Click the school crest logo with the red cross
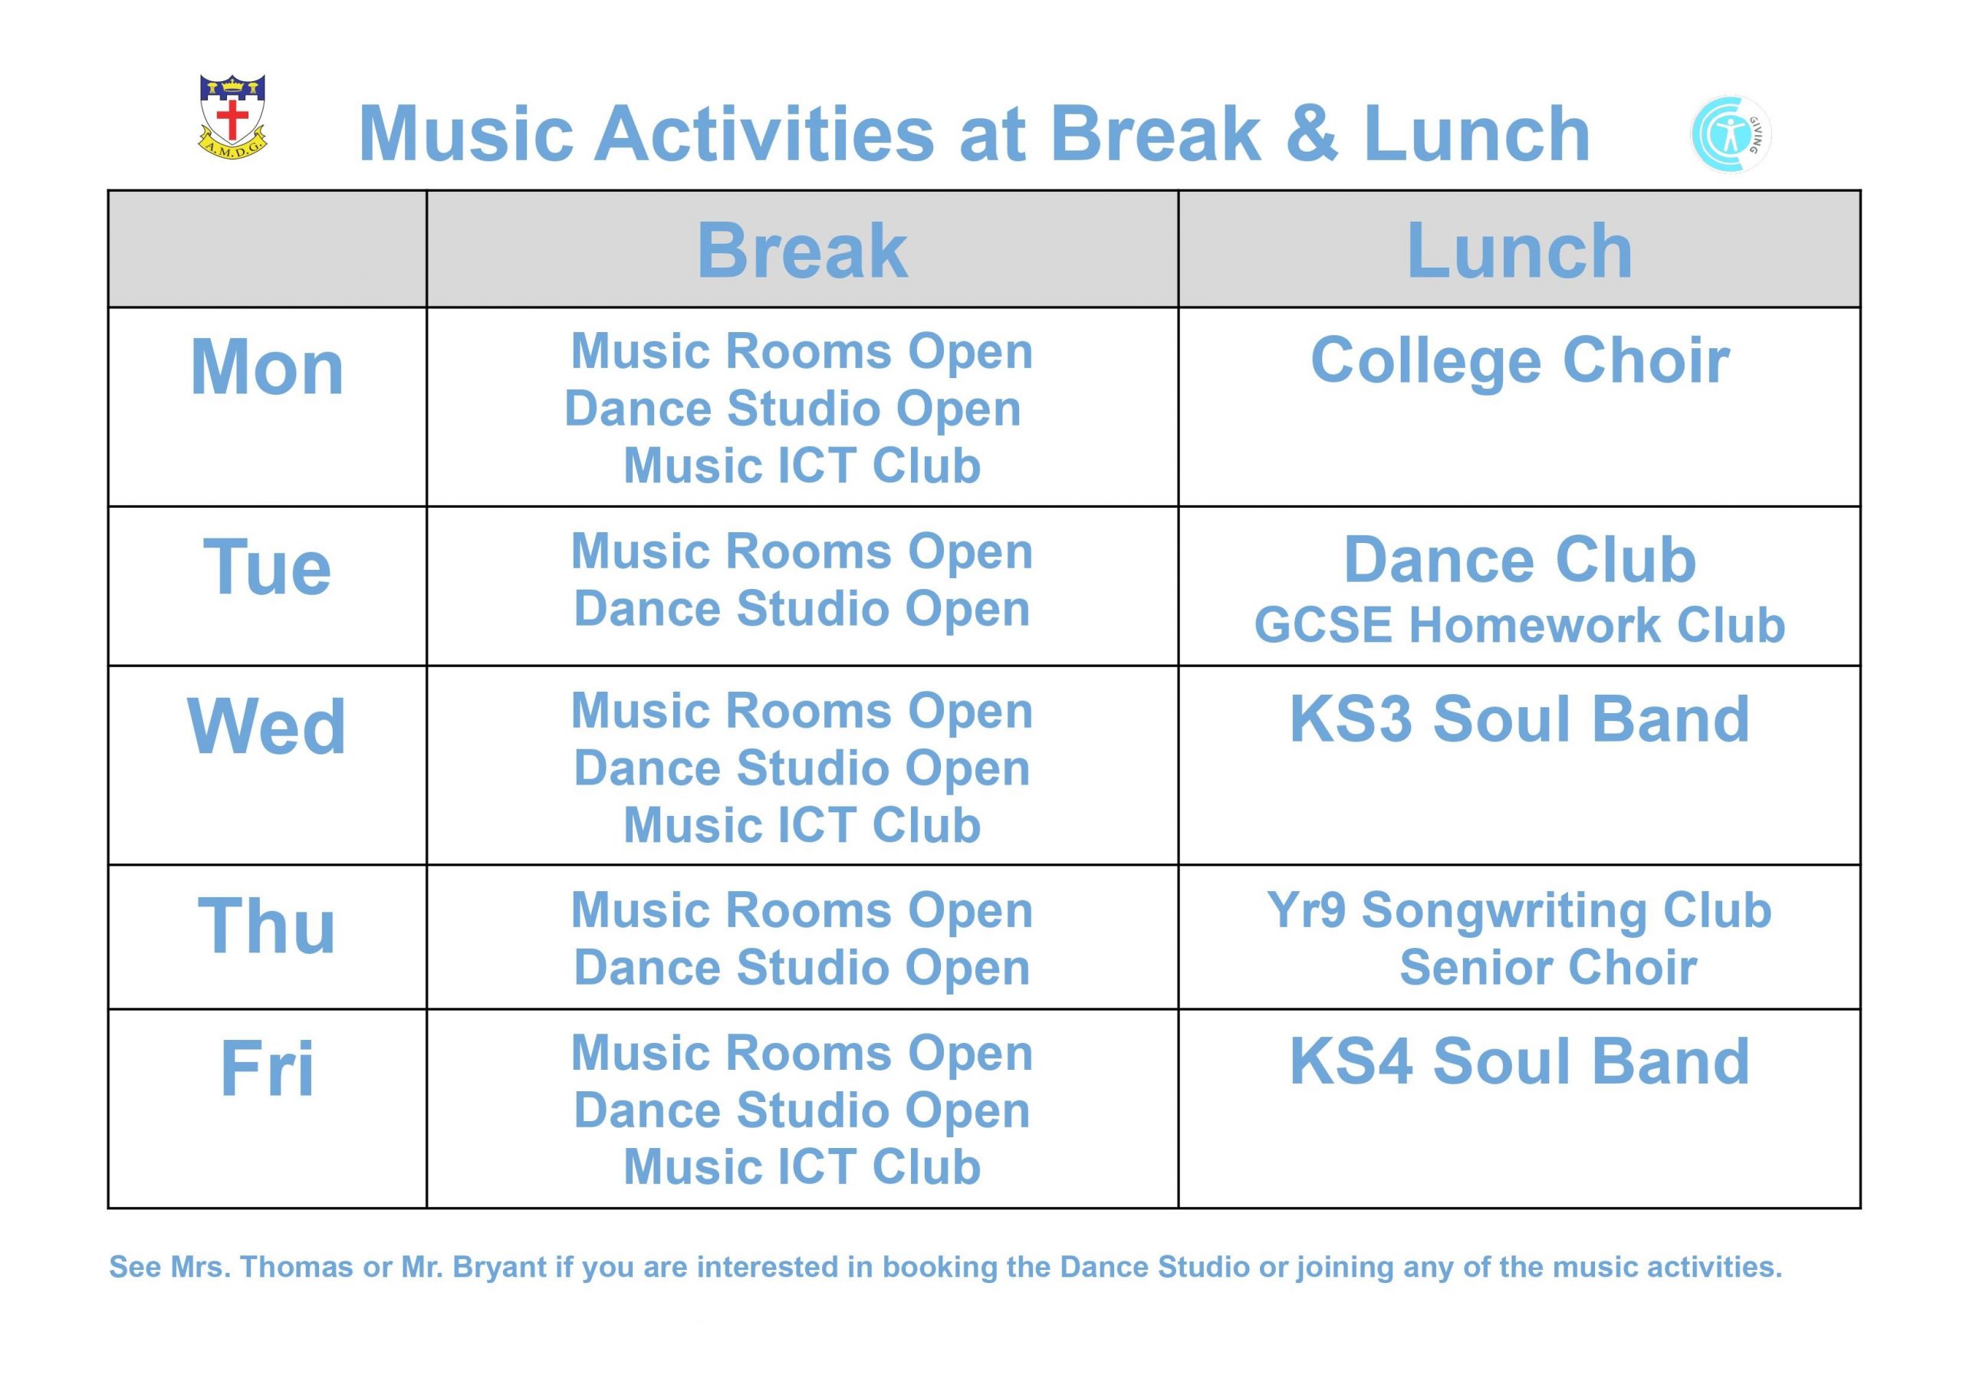coord(232,117)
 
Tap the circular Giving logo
coord(1731,134)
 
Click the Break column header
coord(802,251)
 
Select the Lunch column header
coord(1519,251)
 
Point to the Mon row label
coord(267,367)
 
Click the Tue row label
coord(267,567)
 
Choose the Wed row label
coord(267,726)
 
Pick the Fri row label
coord(267,1068)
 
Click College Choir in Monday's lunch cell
coord(1520,361)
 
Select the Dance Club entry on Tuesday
coord(1520,560)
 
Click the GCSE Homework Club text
coord(1520,625)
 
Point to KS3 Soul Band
coord(1520,719)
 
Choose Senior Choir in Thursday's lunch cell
coord(1548,968)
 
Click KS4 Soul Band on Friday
coord(1520,1061)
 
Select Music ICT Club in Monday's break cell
coord(802,466)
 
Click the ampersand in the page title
coord(1311,133)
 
